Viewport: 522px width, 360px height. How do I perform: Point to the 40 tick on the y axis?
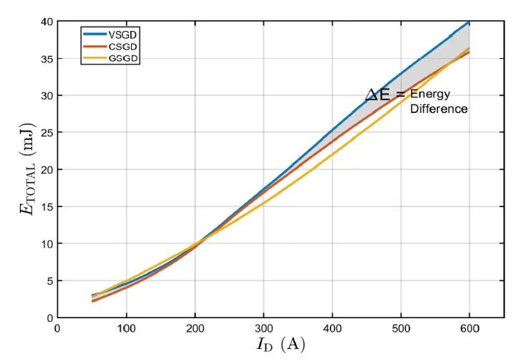coord(46,22)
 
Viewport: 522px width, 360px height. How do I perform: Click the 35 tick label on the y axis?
coord(46,59)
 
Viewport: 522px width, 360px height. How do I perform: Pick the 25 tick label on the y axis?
coord(46,133)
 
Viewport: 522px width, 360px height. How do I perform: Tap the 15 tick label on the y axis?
coord(46,207)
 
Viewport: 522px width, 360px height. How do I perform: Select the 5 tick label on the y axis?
coord(48,281)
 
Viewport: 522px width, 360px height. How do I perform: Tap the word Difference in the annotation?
coord(439,109)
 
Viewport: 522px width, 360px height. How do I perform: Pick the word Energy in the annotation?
coord(430,95)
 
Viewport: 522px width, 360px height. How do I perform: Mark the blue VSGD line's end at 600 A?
coord(470,22)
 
